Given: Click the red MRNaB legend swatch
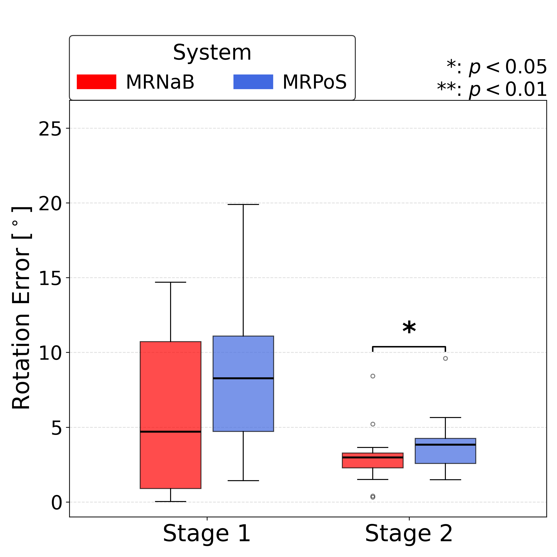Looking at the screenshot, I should (96, 82).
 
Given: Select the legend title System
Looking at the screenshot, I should (212, 52).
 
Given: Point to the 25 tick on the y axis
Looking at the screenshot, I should (50, 129).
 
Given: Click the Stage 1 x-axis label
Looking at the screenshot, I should (207, 534).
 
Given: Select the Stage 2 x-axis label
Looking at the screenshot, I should (409, 534).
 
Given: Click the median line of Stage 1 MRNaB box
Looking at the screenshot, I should (170, 432).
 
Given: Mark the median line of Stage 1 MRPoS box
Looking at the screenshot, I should (243, 378).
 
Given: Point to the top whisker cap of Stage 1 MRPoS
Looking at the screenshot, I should (243, 204).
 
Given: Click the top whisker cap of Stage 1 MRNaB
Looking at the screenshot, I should (170, 282).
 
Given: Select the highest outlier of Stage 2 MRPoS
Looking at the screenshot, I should (445, 358).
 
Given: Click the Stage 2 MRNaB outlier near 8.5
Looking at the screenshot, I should (373, 376).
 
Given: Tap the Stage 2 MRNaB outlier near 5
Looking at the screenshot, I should (373, 424).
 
